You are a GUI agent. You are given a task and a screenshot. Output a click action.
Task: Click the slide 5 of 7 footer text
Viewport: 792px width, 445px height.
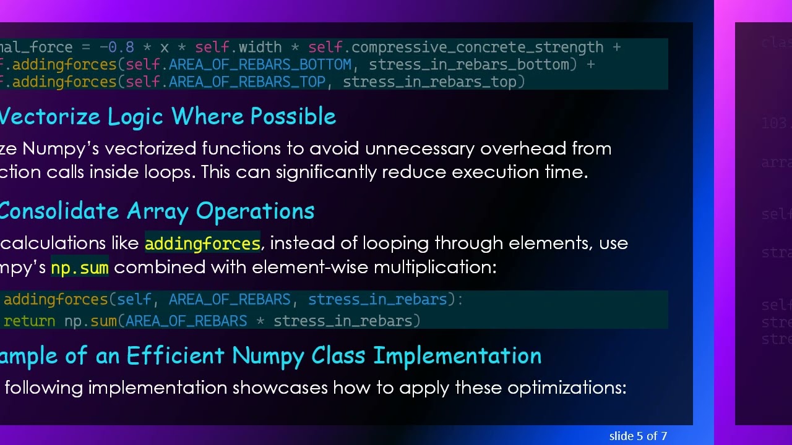tap(638, 436)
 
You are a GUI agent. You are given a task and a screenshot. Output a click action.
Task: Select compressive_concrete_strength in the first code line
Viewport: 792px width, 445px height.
tap(477, 48)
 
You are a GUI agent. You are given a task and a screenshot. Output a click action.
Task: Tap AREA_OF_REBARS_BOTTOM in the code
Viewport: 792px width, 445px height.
tap(260, 65)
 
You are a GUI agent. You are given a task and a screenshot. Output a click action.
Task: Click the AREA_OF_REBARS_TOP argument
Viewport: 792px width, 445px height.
tap(247, 82)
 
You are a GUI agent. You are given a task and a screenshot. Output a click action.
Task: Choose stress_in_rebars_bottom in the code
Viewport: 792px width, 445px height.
tap(468, 65)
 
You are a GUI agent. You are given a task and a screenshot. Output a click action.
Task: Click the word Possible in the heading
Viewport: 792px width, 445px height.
tap(293, 117)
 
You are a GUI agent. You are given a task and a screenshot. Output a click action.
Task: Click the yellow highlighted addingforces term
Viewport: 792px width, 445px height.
tap(202, 244)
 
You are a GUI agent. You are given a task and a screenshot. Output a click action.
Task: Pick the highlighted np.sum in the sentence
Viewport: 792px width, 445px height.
tap(80, 268)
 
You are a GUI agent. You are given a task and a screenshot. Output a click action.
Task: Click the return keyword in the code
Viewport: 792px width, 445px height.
tap(29, 321)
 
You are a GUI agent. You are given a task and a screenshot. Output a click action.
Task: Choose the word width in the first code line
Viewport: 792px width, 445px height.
tap(260, 48)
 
